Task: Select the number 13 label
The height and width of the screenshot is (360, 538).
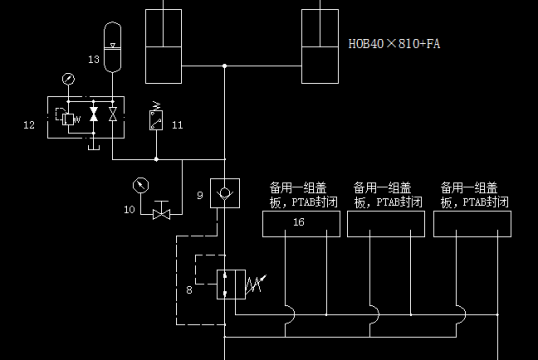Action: [x=93, y=60]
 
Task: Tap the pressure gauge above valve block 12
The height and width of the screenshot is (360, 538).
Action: [x=66, y=78]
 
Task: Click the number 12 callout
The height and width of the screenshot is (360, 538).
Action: [x=29, y=125]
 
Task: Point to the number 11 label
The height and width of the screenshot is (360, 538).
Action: [x=177, y=125]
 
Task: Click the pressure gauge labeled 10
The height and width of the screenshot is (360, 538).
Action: [x=139, y=185]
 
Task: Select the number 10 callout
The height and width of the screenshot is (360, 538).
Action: [x=129, y=209]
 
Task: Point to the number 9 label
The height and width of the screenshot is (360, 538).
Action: [x=200, y=195]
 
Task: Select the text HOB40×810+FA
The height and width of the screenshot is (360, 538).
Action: [x=393, y=44]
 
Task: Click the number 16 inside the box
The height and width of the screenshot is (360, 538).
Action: [x=298, y=222]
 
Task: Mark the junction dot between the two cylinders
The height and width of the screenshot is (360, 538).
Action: [x=224, y=67]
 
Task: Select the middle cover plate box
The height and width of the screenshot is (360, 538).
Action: [x=385, y=222]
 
